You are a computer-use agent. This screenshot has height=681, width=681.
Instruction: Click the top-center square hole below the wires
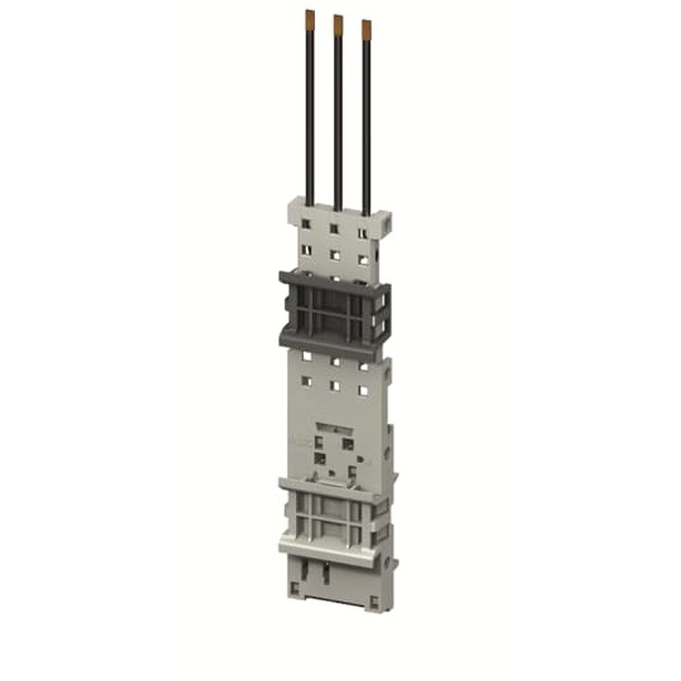pyautogui.click(x=334, y=228)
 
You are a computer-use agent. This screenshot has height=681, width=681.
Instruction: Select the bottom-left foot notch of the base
pyautogui.click(x=294, y=586)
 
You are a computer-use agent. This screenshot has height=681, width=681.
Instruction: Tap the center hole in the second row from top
pyautogui.click(x=334, y=255)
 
